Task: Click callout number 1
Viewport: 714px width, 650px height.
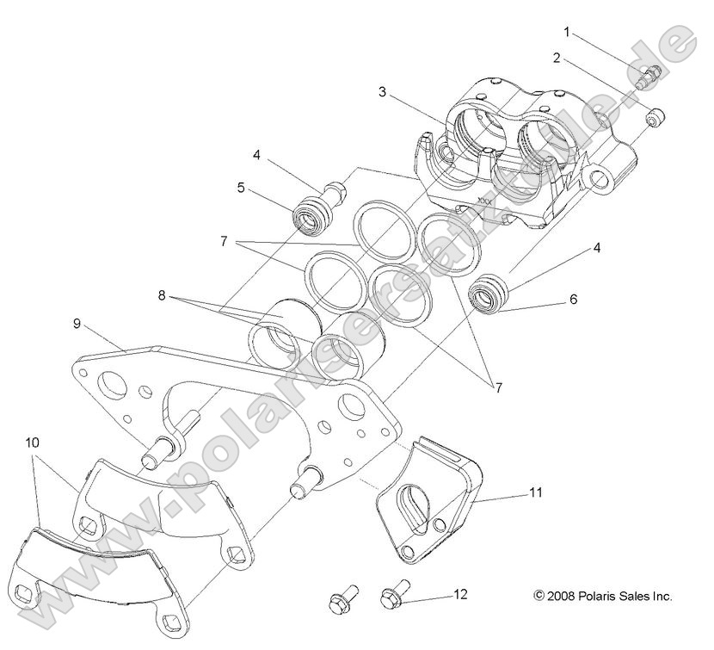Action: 567,32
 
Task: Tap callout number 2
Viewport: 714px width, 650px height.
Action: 557,58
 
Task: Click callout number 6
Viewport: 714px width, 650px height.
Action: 572,300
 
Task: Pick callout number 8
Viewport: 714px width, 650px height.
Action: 161,294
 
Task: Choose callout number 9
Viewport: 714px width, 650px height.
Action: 77,325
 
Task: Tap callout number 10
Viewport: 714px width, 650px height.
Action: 33,442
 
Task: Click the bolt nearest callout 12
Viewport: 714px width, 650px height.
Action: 395,597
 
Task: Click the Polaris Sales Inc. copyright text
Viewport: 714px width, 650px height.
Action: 603,595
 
